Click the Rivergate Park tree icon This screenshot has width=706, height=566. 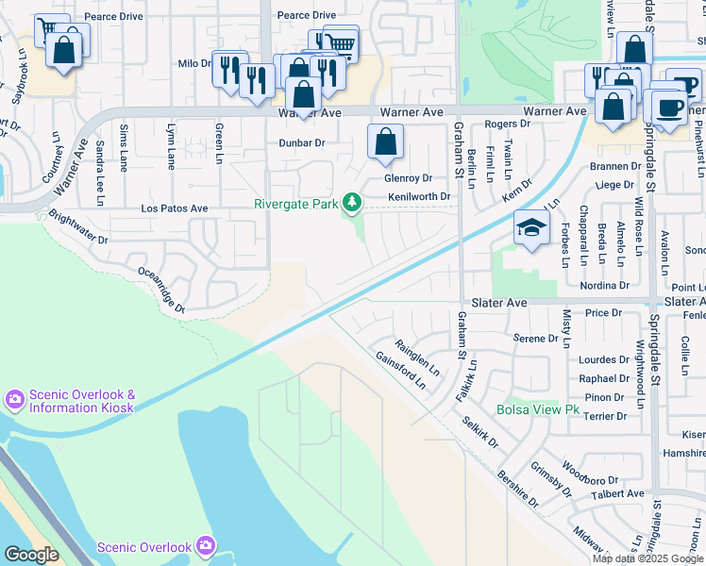[352, 203]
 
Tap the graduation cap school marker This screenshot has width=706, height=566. [531, 227]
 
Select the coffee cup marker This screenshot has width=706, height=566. [670, 107]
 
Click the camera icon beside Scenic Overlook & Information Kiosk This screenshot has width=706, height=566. [14, 400]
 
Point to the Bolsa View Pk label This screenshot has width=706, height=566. [537, 410]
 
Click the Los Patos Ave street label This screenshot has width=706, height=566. [174, 208]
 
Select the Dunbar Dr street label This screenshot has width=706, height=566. [301, 143]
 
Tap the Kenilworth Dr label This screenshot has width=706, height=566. [422, 197]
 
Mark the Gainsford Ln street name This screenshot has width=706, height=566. [400, 370]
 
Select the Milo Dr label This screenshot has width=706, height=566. [193, 63]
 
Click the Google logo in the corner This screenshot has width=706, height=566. [31, 555]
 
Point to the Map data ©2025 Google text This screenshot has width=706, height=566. [647, 558]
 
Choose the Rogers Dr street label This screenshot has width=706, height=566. [507, 125]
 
